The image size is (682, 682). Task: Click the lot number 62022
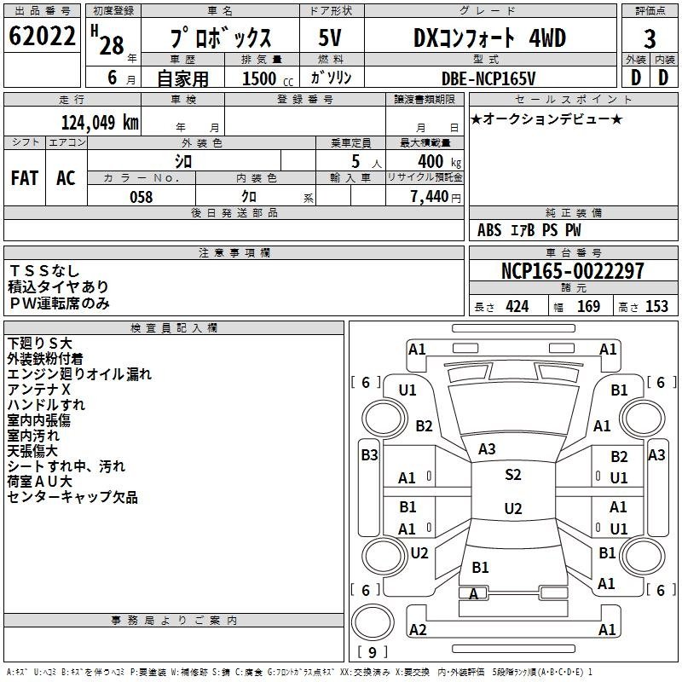pos(42,36)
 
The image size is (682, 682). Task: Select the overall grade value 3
pos(650,39)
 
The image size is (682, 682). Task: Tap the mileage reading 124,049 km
pos(100,123)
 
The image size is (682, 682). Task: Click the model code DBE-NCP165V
pos(488,78)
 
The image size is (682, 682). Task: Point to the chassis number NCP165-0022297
pos(572,271)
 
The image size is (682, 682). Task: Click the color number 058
pos(142,197)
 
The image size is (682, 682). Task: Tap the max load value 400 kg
pos(439,161)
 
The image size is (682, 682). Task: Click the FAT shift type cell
pos(25,178)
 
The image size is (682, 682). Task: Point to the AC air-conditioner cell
pos(66,178)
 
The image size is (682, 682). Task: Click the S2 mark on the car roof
pos(513,474)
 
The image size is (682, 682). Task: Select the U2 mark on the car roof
pos(513,508)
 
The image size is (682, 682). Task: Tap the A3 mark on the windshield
pos(487,449)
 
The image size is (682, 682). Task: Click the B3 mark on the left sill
pos(369,455)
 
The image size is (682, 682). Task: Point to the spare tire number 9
pos(373,652)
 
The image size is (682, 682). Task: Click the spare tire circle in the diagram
pos(373,622)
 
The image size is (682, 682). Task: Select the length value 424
pos(517,307)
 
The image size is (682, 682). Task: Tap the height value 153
pos(656,307)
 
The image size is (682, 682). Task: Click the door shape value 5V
pos(330,38)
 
